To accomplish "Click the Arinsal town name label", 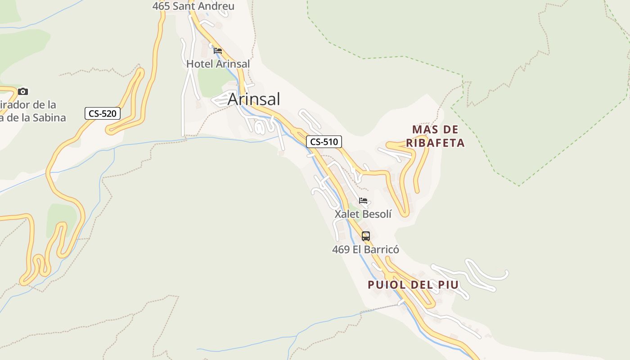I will point(254,99).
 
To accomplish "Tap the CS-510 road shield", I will point(324,142).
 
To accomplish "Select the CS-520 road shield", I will point(103,113).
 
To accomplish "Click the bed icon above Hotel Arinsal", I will point(218,51).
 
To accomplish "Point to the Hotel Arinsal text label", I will point(218,64).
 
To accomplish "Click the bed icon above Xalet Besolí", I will point(363,201).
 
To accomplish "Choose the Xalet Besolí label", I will point(363,214).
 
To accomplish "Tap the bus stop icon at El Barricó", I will point(366,236).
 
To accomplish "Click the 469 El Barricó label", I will point(365,249).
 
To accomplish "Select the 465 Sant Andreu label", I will point(193,6).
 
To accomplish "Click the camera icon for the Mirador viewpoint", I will point(23,92).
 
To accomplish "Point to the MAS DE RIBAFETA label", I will point(435,136).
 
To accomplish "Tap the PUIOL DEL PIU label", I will point(413,285).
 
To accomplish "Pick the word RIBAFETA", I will point(435,143).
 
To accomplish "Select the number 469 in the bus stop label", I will point(341,249).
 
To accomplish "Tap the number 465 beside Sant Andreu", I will point(161,6).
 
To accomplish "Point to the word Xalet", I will point(347,214).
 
